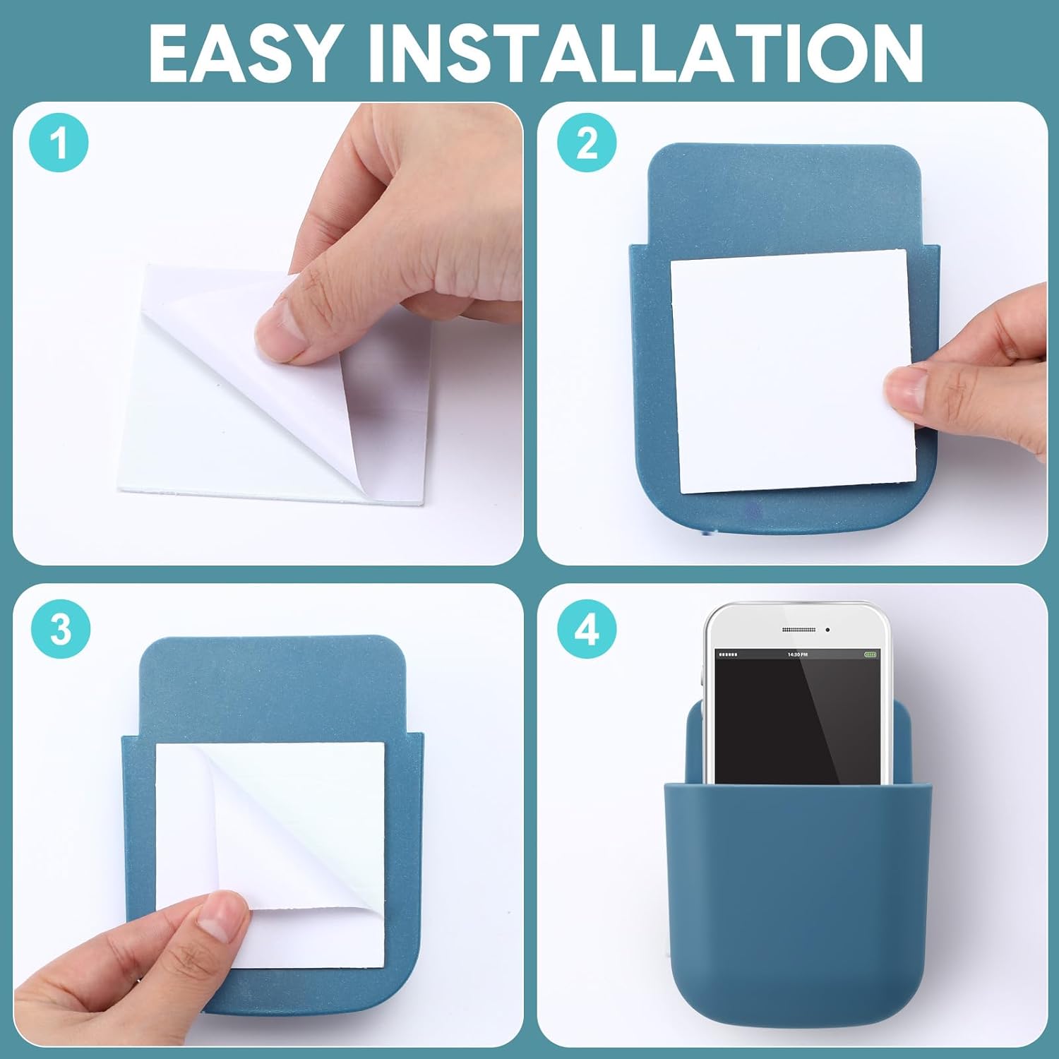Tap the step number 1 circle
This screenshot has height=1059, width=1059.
(59, 142)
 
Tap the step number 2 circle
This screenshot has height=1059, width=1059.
(587, 142)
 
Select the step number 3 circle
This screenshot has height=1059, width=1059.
(61, 628)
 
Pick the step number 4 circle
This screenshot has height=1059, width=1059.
(587, 628)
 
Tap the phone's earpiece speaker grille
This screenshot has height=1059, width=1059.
(798, 629)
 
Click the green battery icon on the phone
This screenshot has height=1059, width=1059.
(871, 654)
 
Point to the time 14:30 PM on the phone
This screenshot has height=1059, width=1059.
(798, 654)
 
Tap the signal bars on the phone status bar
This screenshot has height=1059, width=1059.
(727, 654)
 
